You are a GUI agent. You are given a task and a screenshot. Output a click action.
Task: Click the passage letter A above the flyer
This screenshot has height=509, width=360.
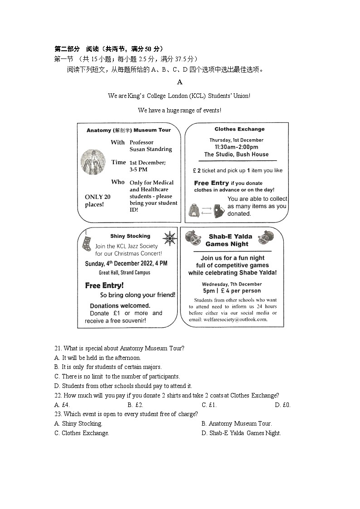click(180, 82)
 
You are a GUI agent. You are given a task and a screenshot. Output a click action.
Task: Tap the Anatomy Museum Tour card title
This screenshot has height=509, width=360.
click(129, 130)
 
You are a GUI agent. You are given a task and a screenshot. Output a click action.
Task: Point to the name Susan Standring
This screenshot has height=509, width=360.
click(151, 149)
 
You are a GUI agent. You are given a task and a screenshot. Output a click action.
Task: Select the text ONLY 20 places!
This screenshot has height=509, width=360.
click(97, 200)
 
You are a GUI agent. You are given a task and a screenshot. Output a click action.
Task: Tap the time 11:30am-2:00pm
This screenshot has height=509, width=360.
click(237, 147)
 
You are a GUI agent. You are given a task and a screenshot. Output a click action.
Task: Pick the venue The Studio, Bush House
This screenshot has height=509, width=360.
click(236, 155)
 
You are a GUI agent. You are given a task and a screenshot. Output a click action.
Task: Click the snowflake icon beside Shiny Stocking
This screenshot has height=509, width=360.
click(170, 238)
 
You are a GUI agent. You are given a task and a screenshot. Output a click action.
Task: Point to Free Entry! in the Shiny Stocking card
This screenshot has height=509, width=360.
click(104, 286)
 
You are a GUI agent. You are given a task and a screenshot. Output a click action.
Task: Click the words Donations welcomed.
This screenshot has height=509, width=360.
click(120, 305)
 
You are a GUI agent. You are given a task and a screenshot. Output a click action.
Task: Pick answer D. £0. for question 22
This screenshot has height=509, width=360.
click(282, 405)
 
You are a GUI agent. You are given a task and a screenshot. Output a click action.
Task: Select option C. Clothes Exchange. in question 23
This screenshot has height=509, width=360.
click(82, 433)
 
